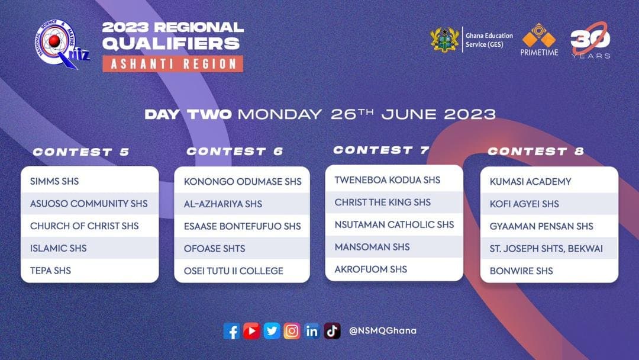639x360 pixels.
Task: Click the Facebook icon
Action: pos(231,331)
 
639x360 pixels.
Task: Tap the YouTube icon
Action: pos(251,331)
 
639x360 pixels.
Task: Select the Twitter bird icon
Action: pos(272,331)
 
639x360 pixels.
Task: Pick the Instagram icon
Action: pos(292,331)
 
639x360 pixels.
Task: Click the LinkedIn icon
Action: pos(312,331)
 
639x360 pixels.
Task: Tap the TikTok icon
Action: pos(332,331)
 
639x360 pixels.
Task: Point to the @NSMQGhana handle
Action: pos(383,330)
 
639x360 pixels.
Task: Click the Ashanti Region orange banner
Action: pos(173,63)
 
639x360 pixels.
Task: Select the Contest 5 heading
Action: pos(80,152)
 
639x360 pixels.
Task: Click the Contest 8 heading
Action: pos(536,151)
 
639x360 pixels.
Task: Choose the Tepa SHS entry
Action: pos(50,271)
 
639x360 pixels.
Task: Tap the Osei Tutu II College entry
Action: pos(234,271)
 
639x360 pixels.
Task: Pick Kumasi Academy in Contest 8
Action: pos(530,181)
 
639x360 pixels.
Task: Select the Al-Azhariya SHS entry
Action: pos(223,204)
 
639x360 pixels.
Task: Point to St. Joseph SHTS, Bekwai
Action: pos(546,248)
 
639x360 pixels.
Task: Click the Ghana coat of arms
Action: pos(444,40)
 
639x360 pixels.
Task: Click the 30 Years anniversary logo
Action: pos(590,40)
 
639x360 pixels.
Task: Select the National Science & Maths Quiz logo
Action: pos(61,44)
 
